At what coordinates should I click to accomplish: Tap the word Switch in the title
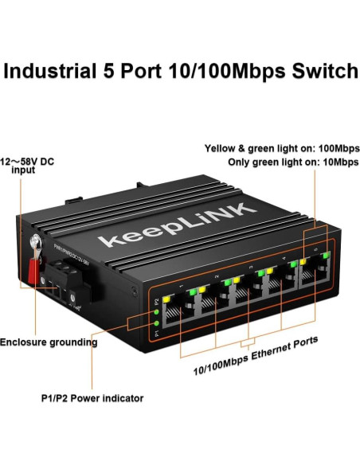point(317,70)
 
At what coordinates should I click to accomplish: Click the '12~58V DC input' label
point(29,164)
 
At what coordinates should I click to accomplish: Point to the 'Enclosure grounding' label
point(49,342)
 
